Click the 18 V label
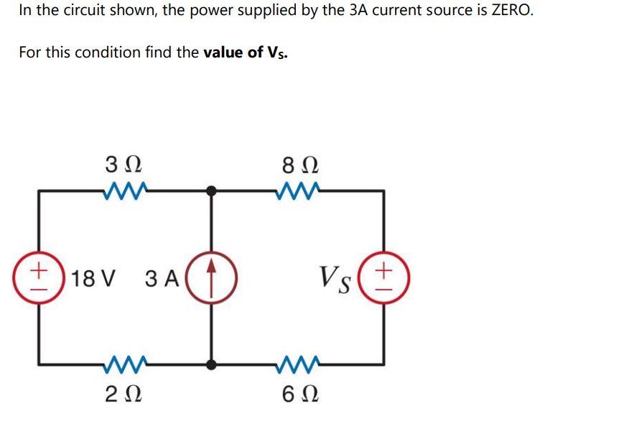(x=91, y=278)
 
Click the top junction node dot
(x=212, y=191)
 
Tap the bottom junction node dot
(x=212, y=364)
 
